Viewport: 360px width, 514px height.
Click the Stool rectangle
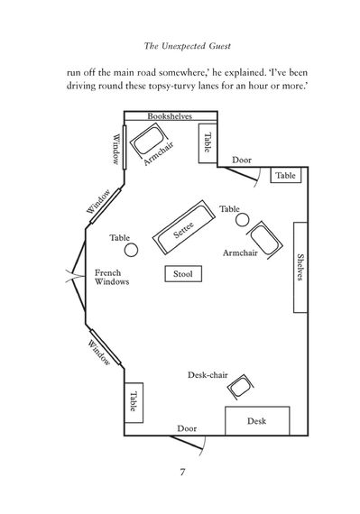point(183,274)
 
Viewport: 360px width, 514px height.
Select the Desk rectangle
point(257,421)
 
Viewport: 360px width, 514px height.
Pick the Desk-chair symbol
point(241,387)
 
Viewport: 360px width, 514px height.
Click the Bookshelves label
point(170,116)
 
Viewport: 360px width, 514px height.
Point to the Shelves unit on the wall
point(300,267)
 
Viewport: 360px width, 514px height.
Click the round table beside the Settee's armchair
point(243,220)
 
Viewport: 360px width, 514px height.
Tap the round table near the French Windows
point(131,250)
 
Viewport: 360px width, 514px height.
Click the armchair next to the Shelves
point(264,240)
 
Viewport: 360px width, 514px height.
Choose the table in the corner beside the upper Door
point(286,175)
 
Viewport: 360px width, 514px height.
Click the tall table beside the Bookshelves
point(208,143)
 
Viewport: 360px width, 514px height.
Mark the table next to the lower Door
point(134,402)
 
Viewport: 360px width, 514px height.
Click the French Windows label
point(112,277)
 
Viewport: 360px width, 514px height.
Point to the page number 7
point(182,472)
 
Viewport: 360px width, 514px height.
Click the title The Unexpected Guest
point(187,46)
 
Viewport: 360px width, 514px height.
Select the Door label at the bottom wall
point(187,428)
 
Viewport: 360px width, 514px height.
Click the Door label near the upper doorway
point(242,160)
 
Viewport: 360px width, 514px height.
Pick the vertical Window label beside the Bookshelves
point(115,149)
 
